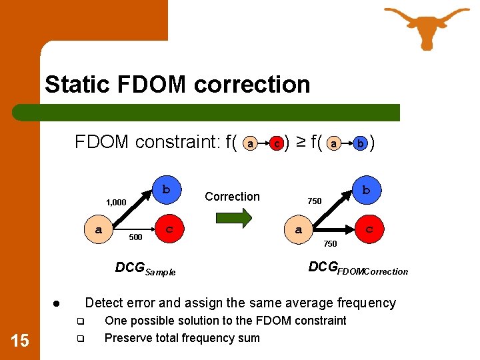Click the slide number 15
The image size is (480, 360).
click(20, 341)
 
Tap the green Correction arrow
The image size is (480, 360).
click(233, 217)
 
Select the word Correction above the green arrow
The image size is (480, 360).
click(232, 197)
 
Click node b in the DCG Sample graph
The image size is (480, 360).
click(165, 189)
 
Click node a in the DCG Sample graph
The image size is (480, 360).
click(99, 229)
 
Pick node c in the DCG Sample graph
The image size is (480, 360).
click(169, 229)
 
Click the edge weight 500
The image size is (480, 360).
click(135, 237)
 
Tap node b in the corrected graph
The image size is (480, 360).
click(365, 190)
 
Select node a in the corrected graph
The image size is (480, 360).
click(299, 229)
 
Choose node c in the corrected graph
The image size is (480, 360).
click(369, 229)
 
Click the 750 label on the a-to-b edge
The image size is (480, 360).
click(315, 201)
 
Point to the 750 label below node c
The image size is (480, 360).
click(330, 244)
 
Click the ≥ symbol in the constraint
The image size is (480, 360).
click(301, 142)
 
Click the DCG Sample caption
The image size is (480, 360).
click(145, 269)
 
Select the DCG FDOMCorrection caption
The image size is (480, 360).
click(358, 269)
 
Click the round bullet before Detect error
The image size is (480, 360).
click(58, 304)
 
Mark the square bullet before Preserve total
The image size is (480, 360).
click(78, 339)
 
